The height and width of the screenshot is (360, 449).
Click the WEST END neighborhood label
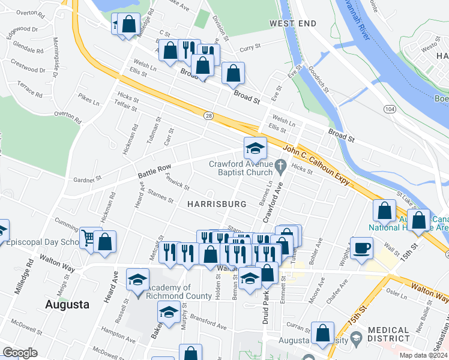click(292, 23)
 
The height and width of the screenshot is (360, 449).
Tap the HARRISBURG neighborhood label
click(217, 204)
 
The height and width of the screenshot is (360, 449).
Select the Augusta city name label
click(67, 304)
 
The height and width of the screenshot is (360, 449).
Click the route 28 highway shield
click(208, 115)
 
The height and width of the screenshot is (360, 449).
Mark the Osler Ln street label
click(397, 296)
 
